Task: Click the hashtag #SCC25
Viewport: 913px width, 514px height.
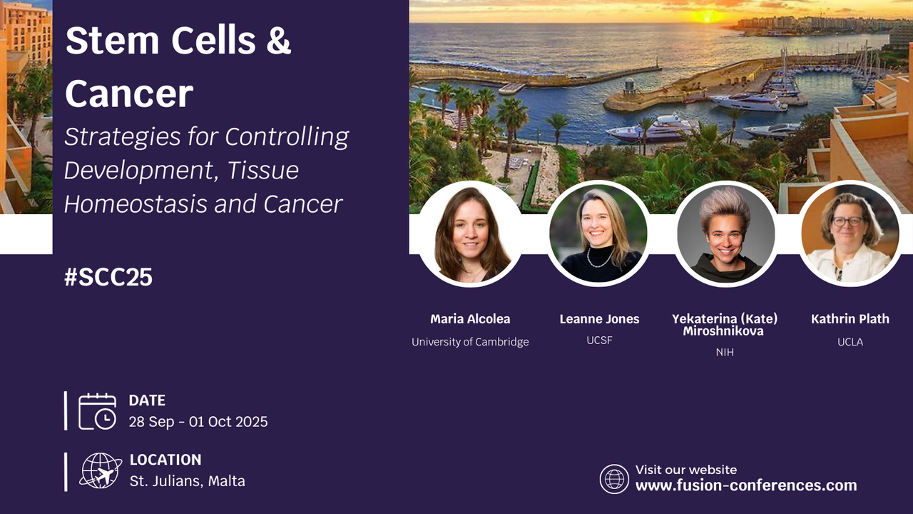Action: click(x=108, y=278)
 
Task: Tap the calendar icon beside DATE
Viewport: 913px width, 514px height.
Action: click(x=97, y=411)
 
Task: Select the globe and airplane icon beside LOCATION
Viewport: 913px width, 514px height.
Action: click(x=101, y=470)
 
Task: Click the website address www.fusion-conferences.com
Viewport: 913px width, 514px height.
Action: click(x=746, y=485)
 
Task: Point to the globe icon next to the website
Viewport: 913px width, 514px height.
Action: click(x=614, y=479)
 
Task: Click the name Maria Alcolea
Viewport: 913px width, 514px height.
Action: click(x=470, y=319)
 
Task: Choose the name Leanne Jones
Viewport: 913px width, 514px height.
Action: click(x=599, y=319)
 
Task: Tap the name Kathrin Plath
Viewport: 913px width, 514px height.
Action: click(x=850, y=319)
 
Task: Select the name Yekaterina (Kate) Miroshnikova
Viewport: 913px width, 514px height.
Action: click(x=725, y=325)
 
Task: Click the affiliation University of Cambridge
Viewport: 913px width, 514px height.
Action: click(x=470, y=342)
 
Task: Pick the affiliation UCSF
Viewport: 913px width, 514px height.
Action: click(x=599, y=341)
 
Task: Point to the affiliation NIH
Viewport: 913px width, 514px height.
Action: click(x=725, y=352)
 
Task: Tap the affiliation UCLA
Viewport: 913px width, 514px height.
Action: click(x=850, y=342)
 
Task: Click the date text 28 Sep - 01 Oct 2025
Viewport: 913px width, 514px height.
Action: click(x=198, y=422)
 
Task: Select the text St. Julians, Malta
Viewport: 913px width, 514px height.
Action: click(x=188, y=481)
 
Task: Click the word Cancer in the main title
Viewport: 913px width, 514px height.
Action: click(x=129, y=94)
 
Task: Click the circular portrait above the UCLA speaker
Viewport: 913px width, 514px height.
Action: click(x=850, y=233)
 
